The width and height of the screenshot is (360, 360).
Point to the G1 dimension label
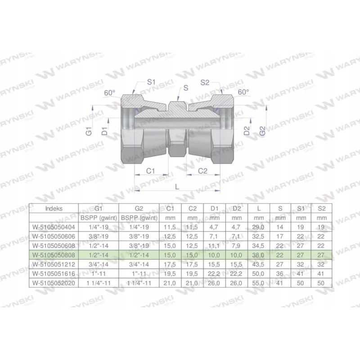pos(89,132)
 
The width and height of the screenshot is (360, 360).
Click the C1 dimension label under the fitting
pos(151,171)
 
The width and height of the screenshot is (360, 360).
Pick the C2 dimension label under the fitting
pos(203,171)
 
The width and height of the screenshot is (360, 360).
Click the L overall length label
pos(177,186)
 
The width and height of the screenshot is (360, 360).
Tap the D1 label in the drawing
pos(104,132)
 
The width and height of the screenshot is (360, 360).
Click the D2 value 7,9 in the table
pos(236,245)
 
